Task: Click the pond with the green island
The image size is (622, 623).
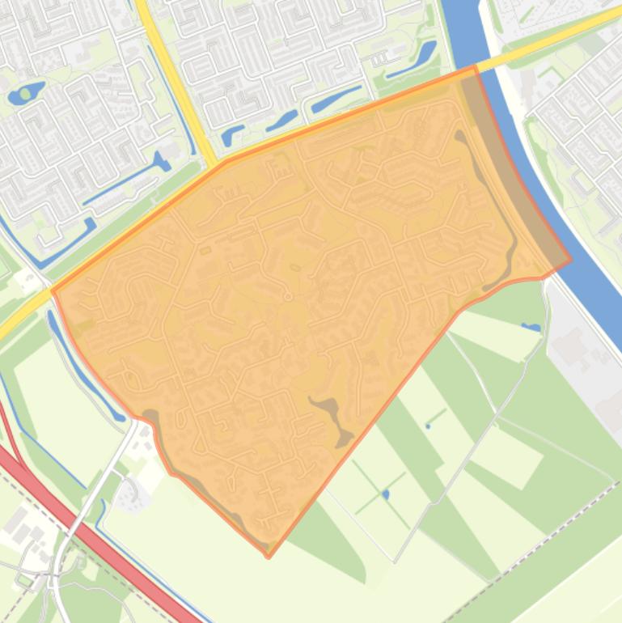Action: click(26, 94)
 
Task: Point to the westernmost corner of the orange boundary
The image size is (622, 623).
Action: click(53, 290)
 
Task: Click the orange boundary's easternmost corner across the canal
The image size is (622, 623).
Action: click(570, 261)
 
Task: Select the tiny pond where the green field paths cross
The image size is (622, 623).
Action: click(385, 494)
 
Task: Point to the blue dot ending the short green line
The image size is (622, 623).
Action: click(427, 426)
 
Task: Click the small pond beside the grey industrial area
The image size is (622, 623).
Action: click(531, 327)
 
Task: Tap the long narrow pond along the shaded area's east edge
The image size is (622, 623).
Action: click(493, 202)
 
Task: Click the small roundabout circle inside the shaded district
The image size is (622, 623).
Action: click(288, 297)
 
